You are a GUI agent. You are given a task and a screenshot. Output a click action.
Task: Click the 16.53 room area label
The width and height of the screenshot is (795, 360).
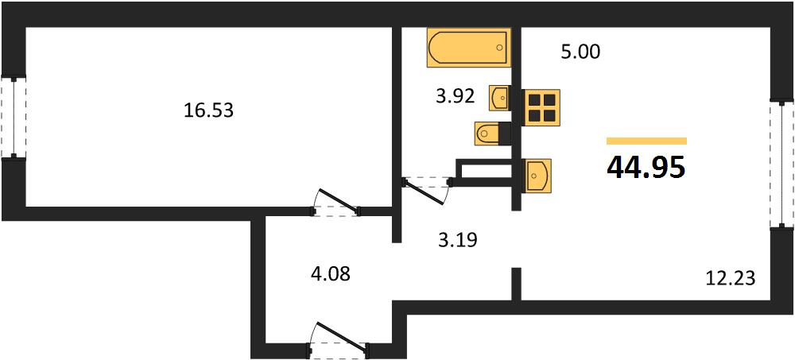[208, 110]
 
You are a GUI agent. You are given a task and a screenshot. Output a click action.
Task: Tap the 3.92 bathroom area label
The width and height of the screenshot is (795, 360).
[456, 95]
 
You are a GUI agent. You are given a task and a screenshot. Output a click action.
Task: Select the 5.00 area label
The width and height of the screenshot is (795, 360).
[580, 52]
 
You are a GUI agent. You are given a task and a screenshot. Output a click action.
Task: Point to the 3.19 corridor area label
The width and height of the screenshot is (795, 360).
[458, 239]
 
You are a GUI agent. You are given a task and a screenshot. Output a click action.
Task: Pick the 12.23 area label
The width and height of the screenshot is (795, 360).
[731, 278]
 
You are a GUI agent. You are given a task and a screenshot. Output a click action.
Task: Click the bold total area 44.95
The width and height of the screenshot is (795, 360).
[646, 167]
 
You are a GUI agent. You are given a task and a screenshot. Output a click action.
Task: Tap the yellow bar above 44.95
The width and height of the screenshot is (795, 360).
[646, 141]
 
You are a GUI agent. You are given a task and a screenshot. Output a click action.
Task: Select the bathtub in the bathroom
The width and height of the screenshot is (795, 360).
[467, 48]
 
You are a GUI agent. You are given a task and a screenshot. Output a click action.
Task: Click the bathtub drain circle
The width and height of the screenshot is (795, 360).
[499, 48]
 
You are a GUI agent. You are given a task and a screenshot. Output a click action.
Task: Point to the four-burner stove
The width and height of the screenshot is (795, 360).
[541, 106]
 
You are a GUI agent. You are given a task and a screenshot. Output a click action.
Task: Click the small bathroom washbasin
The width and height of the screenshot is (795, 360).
[499, 98]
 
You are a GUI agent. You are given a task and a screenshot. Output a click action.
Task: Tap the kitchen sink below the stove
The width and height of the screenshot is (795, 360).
[537, 176]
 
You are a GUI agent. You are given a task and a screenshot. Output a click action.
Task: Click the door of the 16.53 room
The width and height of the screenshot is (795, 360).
[336, 203]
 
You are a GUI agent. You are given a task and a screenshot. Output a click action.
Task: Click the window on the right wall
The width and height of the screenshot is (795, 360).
[781, 165]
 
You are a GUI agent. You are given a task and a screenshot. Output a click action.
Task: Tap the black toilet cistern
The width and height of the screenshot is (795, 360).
[505, 134]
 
